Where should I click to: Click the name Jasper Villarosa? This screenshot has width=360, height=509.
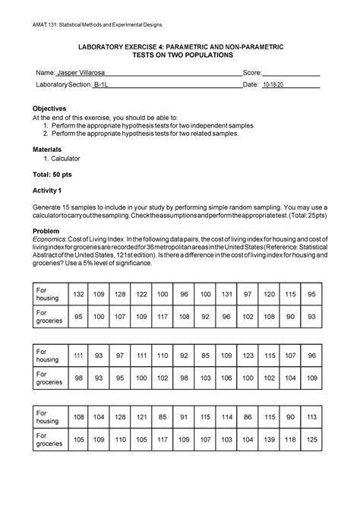click(81, 72)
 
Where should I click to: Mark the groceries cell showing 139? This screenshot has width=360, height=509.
click(289, 439)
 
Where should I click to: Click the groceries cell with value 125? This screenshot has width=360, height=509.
click(332, 439)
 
